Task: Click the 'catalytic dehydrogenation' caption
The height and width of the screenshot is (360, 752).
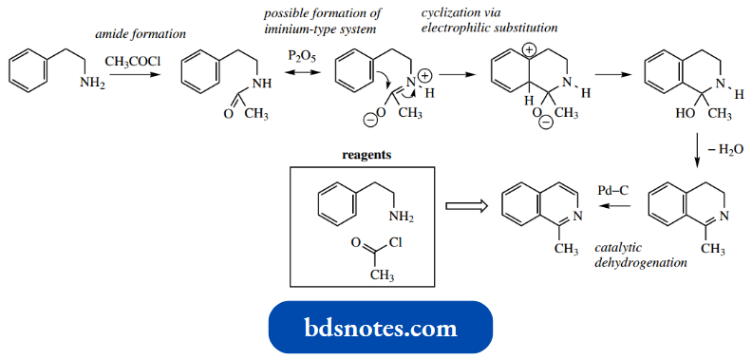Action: [x=639, y=255]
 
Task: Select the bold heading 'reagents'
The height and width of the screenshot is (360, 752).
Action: [x=365, y=154]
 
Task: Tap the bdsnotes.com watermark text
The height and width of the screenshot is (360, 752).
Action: [x=380, y=329]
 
